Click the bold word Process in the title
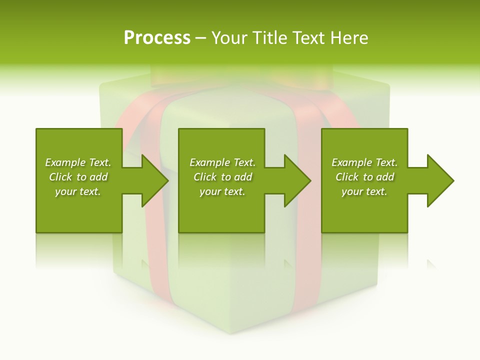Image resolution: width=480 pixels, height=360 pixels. point(157,38)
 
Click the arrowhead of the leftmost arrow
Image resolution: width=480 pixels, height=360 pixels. point(155,180)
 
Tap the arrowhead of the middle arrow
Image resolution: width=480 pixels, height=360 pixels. point(298,180)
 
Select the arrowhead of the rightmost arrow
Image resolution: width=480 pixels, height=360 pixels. point(440,180)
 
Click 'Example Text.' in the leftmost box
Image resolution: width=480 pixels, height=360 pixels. point(78,162)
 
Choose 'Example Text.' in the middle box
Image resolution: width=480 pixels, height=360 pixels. point(222,162)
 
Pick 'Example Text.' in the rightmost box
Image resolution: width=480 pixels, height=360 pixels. point(364,162)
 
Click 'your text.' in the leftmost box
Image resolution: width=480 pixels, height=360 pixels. point(78,191)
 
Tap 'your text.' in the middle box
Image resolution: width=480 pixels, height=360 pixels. point(222,191)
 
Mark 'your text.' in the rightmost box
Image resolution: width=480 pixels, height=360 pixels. point(364,191)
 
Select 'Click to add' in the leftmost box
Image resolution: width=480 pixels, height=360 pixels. point(78,177)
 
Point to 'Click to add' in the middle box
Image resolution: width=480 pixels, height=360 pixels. point(222,177)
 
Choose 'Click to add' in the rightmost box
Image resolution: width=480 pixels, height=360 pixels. point(364,177)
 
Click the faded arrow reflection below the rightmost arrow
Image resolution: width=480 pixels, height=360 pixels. point(431,264)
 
